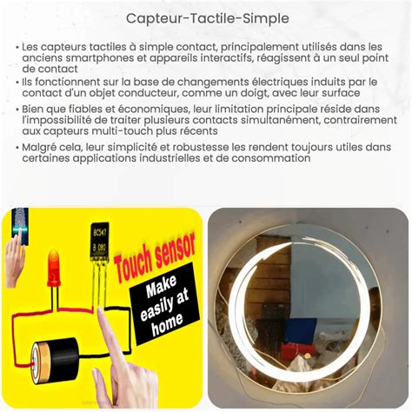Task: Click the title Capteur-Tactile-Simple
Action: tap(208, 18)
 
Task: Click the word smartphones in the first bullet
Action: tap(100, 58)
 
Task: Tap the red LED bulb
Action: tap(54, 269)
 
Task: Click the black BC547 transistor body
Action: tap(100, 241)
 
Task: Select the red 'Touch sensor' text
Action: tap(155, 257)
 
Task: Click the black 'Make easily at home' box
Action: tap(164, 304)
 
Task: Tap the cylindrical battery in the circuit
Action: tap(55, 360)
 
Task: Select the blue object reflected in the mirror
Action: tap(300, 330)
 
